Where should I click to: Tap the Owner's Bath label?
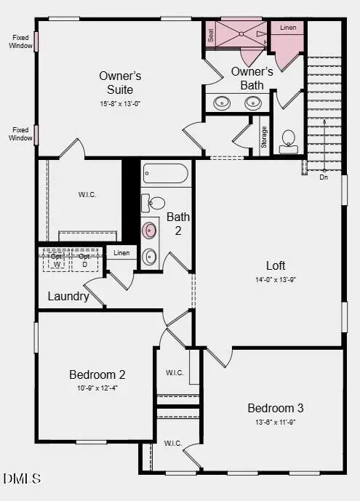coord(252,78)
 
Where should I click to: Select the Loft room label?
coord(276,265)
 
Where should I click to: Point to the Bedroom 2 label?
coord(97,374)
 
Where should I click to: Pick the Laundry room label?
coord(68,296)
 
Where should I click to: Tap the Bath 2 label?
coord(178,223)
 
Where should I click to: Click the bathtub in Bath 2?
coord(166,174)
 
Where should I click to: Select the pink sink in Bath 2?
coord(151,231)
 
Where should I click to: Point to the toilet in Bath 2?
coord(153,202)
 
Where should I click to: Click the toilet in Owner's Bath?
coord(288,140)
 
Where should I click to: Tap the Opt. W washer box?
coord(56,260)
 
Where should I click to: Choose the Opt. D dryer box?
coord(84,260)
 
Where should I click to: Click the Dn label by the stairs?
coord(324,177)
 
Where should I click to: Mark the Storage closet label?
coord(264,137)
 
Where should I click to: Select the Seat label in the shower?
coord(211,35)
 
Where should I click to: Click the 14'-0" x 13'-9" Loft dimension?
coord(276,279)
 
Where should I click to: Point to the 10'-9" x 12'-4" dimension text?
coord(97,388)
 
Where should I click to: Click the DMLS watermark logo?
coord(22,478)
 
